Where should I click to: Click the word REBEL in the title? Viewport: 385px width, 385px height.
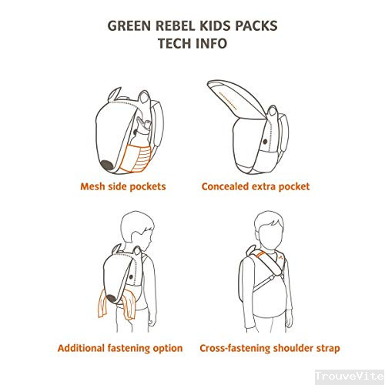176,25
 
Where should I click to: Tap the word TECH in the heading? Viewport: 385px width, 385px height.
174,43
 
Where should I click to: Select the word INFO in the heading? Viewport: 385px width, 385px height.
210,43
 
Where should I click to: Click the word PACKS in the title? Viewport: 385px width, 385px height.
256,25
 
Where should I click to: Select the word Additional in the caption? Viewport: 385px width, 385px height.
81,348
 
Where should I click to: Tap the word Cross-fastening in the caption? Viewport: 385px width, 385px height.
235,348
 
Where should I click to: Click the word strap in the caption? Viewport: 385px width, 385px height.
326,349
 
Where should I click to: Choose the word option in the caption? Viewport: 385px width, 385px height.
168,349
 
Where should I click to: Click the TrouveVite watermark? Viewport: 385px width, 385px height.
350,377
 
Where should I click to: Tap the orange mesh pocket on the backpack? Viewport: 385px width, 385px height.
135,158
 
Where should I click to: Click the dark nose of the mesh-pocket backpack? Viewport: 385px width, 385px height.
106,166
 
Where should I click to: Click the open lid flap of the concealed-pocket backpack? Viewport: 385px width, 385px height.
236,99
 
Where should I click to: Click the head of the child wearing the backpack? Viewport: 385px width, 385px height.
138,230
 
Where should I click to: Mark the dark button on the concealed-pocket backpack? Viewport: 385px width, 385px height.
266,142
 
